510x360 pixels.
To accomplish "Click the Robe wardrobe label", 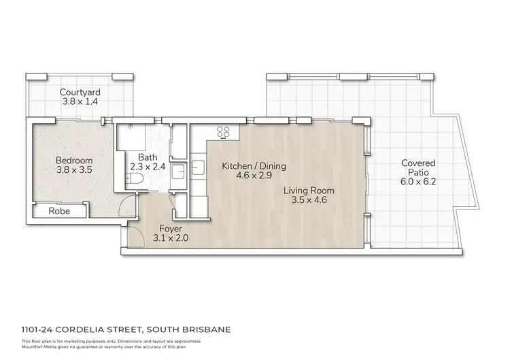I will click(58, 212).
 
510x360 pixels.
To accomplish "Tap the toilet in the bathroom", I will click(135, 180).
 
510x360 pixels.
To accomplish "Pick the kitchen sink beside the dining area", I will click(198, 165).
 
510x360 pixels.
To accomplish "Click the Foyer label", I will click(170, 228).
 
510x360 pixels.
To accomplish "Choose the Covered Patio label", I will click(418, 168).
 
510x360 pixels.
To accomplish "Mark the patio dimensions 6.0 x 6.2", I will click(418, 183).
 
